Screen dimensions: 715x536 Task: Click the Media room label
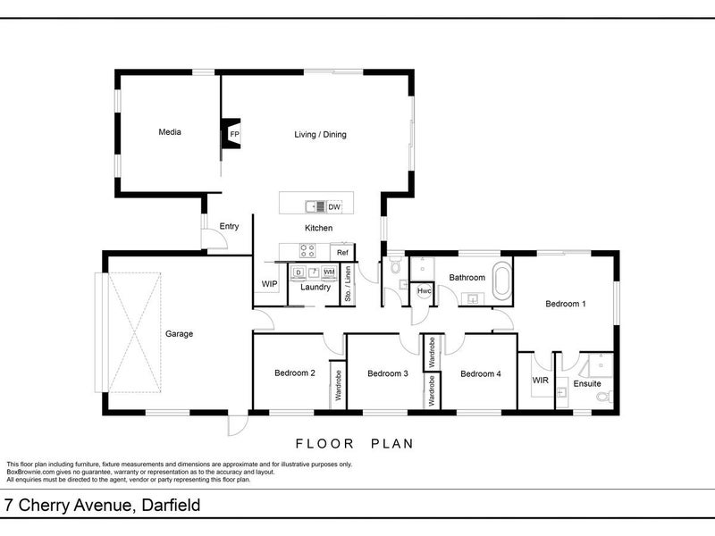170,132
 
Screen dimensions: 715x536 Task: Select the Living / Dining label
320,135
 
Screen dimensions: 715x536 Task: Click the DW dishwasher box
334,207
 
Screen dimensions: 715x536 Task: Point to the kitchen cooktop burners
307,251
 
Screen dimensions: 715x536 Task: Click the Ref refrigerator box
342,253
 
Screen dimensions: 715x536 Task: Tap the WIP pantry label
270,284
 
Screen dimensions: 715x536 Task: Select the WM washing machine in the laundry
329,272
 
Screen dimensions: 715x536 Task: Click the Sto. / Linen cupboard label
348,284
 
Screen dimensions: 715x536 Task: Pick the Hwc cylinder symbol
424,291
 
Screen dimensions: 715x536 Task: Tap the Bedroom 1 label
566,304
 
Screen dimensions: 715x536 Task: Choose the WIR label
541,381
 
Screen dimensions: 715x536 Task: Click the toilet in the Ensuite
605,397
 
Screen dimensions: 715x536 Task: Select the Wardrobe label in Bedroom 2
339,386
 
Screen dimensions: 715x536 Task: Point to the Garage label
180,334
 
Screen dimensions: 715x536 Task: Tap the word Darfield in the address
171,505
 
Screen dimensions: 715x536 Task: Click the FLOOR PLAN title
355,443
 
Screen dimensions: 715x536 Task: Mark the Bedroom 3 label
388,373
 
